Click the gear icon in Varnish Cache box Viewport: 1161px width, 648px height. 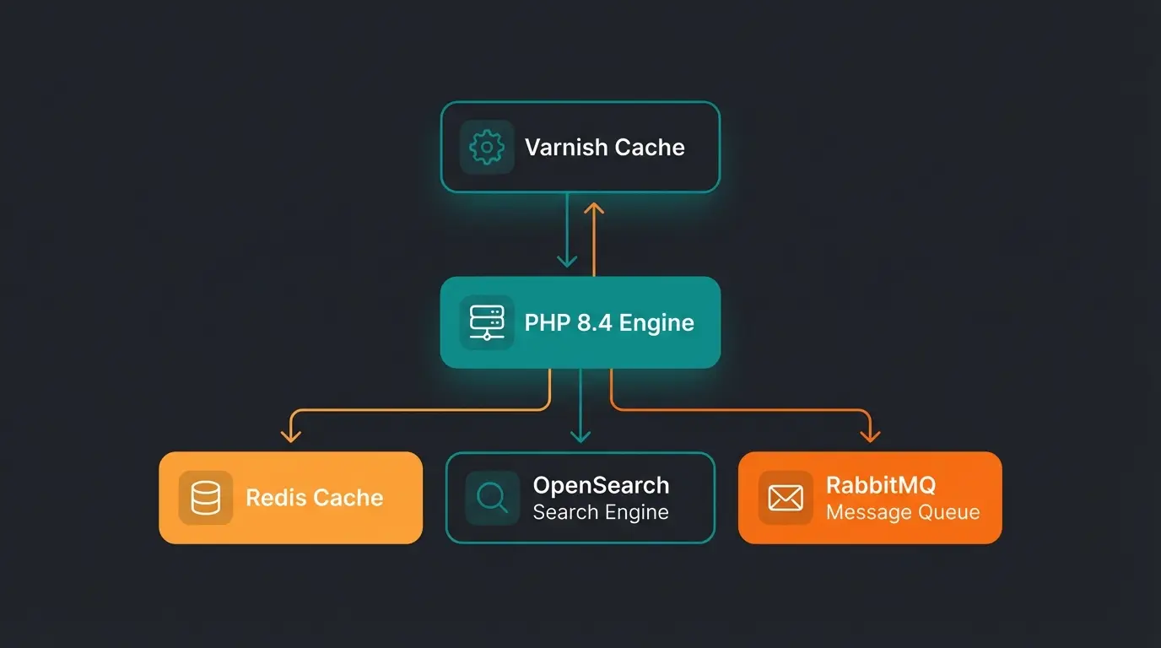click(487, 148)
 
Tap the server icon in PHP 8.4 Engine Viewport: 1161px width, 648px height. click(487, 322)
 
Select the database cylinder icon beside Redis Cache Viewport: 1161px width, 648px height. click(206, 498)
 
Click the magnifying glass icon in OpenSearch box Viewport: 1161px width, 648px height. click(492, 498)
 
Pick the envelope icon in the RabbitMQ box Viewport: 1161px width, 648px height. click(786, 498)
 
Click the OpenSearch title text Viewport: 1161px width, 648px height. click(601, 485)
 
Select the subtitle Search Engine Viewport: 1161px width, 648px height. click(601, 512)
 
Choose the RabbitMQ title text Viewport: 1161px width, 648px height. click(880, 485)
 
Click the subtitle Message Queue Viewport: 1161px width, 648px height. click(902, 512)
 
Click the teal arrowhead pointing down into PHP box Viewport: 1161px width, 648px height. click(567, 262)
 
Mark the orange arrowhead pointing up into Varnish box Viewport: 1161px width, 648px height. click(594, 208)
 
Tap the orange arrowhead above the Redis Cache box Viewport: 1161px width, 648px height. click(291, 435)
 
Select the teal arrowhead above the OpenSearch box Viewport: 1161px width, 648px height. click(580, 435)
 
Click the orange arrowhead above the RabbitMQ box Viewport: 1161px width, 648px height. click(870, 435)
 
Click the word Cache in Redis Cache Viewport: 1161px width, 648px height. click(348, 498)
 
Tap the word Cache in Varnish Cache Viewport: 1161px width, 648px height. click(649, 148)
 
